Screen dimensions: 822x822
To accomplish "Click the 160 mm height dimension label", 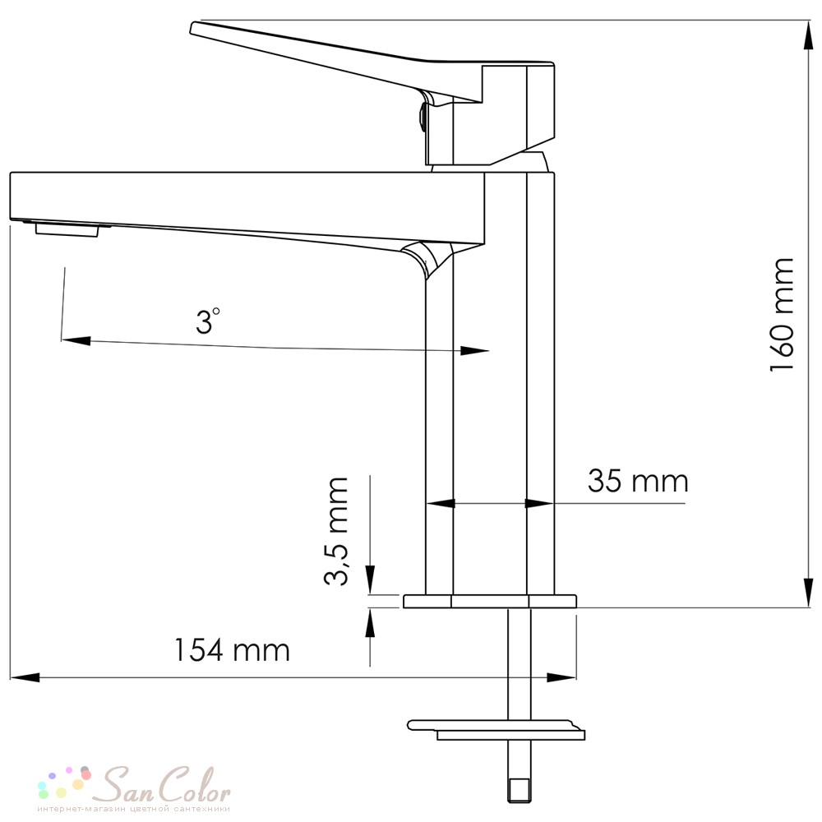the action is click(781, 315).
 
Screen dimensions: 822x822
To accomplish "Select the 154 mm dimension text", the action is click(231, 650).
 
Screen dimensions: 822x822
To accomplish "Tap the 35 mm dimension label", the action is click(638, 480).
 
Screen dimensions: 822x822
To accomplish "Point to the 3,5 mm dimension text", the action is click(336, 531).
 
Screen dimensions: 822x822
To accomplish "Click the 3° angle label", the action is click(208, 321).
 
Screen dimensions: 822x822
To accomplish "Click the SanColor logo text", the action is click(164, 785).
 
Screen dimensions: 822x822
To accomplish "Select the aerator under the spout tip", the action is click(67, 229).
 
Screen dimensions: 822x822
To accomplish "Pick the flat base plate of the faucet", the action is click(490, 602).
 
